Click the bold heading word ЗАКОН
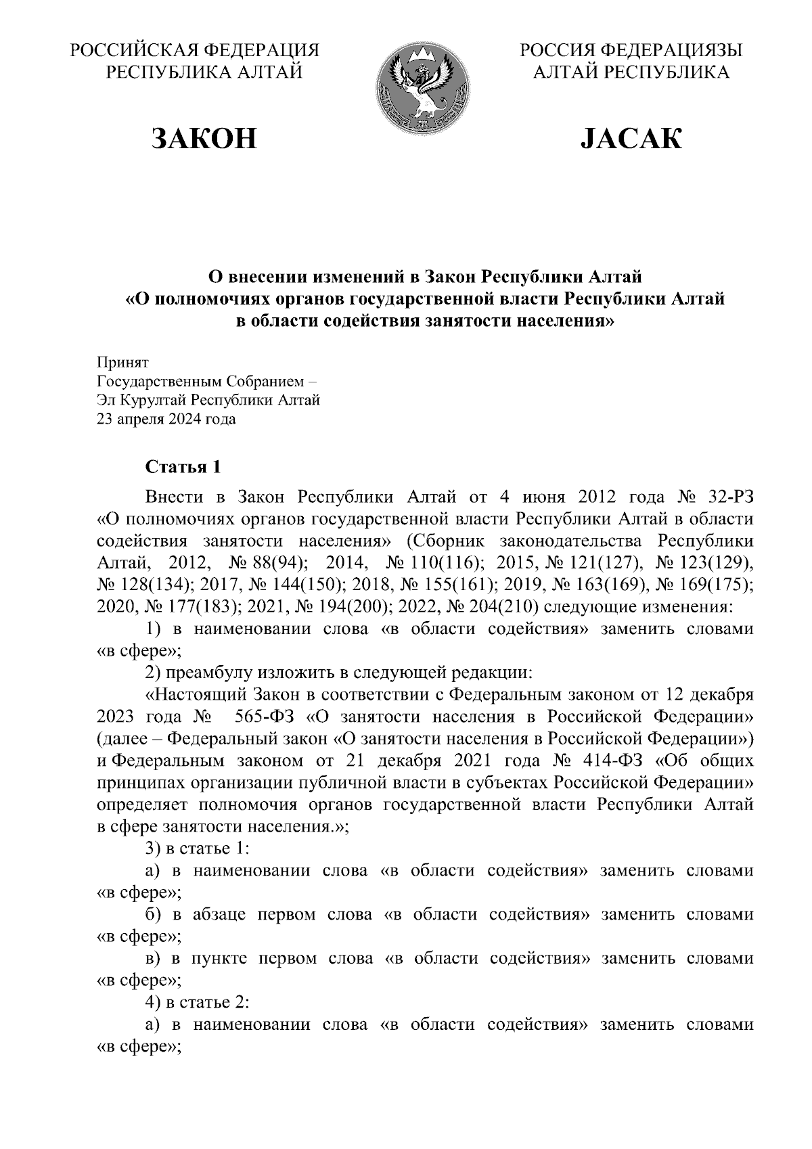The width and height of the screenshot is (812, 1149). (204, 138)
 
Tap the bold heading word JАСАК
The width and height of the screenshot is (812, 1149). (631, 138)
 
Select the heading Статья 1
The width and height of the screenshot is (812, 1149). (183, 467)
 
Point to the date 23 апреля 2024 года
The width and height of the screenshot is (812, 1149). (166, 420)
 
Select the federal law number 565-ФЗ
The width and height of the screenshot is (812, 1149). (258, 717)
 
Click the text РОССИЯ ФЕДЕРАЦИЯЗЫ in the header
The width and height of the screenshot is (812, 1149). (631, 51)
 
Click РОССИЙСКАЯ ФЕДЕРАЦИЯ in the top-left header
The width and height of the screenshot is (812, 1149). (195, 51)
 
